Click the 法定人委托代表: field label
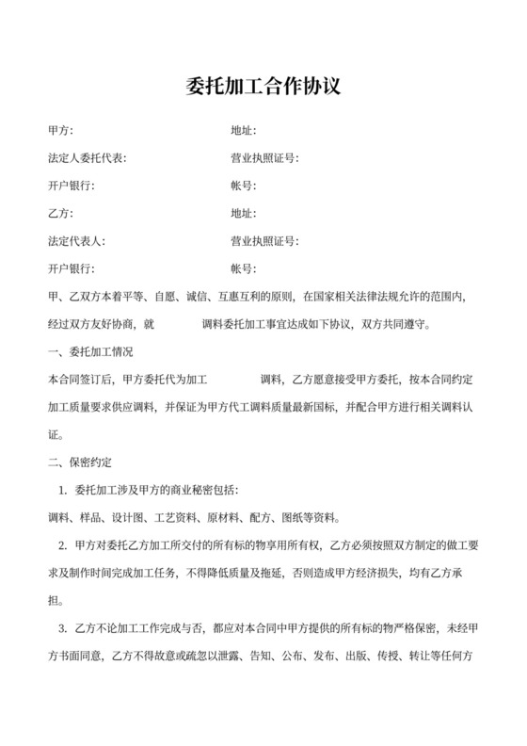tap(87, 158)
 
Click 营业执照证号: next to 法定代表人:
tap(264, 241)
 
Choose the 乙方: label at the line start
tap(60, 214)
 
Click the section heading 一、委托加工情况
tap(89, 352)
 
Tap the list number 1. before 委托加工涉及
tap(62, 490)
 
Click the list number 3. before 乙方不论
tap(62, 628)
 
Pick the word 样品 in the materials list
tap(92, 518)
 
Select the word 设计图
tap(130, 518)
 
